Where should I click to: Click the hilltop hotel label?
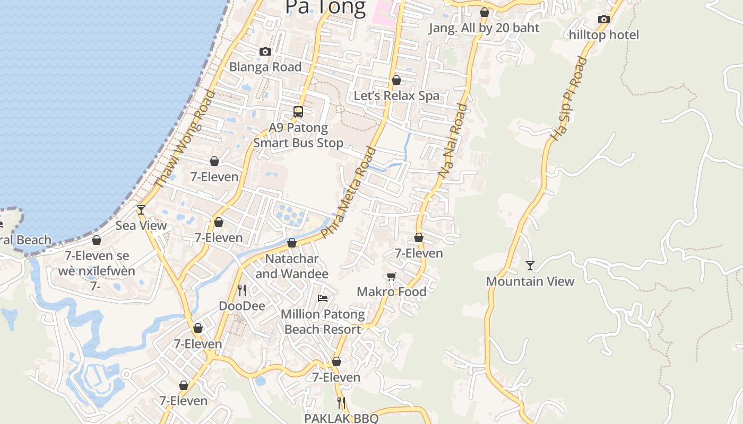[604, 35]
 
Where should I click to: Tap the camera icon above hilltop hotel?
[603, 20]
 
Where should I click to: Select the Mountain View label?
[530, 281]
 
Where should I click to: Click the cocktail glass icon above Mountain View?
[530, 265]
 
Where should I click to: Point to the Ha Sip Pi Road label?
[569, 99]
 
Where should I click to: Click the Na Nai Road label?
[453, 140]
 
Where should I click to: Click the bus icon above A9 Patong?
[298, 112]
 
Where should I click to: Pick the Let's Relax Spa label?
[396, 96]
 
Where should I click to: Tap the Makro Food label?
[392, 291]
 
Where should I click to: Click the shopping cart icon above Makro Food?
[392, 276]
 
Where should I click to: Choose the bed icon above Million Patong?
[323, 298]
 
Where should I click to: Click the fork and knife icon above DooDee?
[242, 290]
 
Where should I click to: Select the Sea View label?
[141, 225]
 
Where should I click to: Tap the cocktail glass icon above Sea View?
[141, 210]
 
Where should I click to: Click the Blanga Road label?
[265, 67]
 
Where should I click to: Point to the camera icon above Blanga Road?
[265, 51]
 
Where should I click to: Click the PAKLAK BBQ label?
[341, 418]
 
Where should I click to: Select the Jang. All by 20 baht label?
[484, 28]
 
